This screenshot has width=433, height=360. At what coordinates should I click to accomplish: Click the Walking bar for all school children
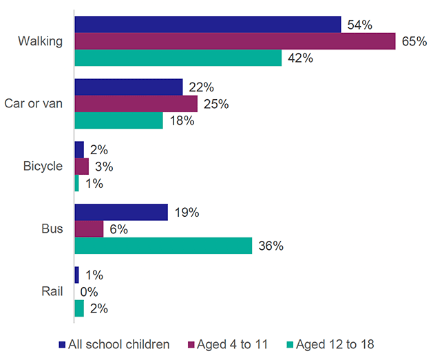click(207, 24)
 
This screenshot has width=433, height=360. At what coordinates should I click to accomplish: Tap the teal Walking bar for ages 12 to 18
click(178, 58)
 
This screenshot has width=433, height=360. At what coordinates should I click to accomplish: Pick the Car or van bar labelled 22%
click(128, 87)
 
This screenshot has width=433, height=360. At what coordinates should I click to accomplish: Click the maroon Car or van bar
click(136, 104)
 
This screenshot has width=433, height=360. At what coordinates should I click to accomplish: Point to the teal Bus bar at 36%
click(162, 246)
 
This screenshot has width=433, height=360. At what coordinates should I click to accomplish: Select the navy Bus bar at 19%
click(120, 212)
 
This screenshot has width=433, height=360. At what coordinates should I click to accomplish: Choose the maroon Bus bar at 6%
click(89, 229)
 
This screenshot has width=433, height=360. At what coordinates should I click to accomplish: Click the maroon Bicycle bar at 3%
click(81, 167)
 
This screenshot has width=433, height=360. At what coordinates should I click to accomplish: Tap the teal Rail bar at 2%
click(78, 308)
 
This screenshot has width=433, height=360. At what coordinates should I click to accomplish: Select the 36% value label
click(270, 246)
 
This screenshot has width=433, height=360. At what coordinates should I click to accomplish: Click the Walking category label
click(41, 41)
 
